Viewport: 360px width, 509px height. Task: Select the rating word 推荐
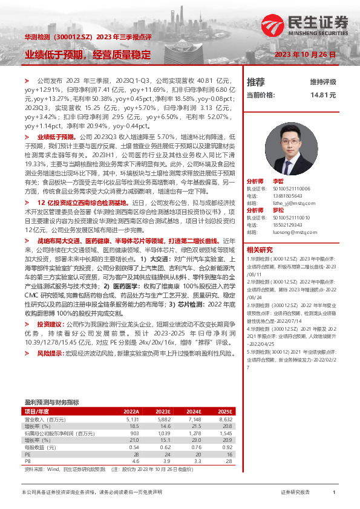click(256, 82)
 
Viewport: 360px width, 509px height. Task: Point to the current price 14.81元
click(323, 95)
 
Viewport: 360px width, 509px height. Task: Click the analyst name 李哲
click(278, 181)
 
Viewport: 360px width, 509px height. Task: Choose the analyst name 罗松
click(278, 210)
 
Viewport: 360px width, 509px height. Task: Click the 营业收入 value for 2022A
click(133, 419)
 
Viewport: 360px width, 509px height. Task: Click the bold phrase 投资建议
click(48, 324)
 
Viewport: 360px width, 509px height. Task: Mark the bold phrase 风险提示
click(48, 352)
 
